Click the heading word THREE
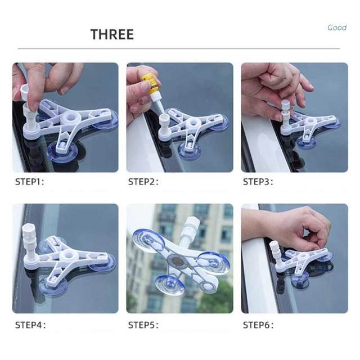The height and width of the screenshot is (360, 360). [x=112, y=34]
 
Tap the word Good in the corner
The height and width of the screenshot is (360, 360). [x=337, y=28]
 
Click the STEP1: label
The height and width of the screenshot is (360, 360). [x=29, y=182]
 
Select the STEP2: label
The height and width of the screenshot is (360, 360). [x=143, y=182]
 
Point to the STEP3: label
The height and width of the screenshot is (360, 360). [x=258, y=182]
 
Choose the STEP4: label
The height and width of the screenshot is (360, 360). [x=30, y=325]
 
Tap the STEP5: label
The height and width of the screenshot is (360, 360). [x=143, y=325]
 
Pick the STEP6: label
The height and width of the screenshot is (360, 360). [x=258, y=325]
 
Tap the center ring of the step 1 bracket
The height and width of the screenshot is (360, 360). [x=71, y=119]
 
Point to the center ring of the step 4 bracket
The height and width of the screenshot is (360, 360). [x=67, y=256]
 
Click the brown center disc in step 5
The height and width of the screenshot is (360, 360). [x=175, y=260]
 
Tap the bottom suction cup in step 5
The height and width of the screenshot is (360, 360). [x=169, y=285]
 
